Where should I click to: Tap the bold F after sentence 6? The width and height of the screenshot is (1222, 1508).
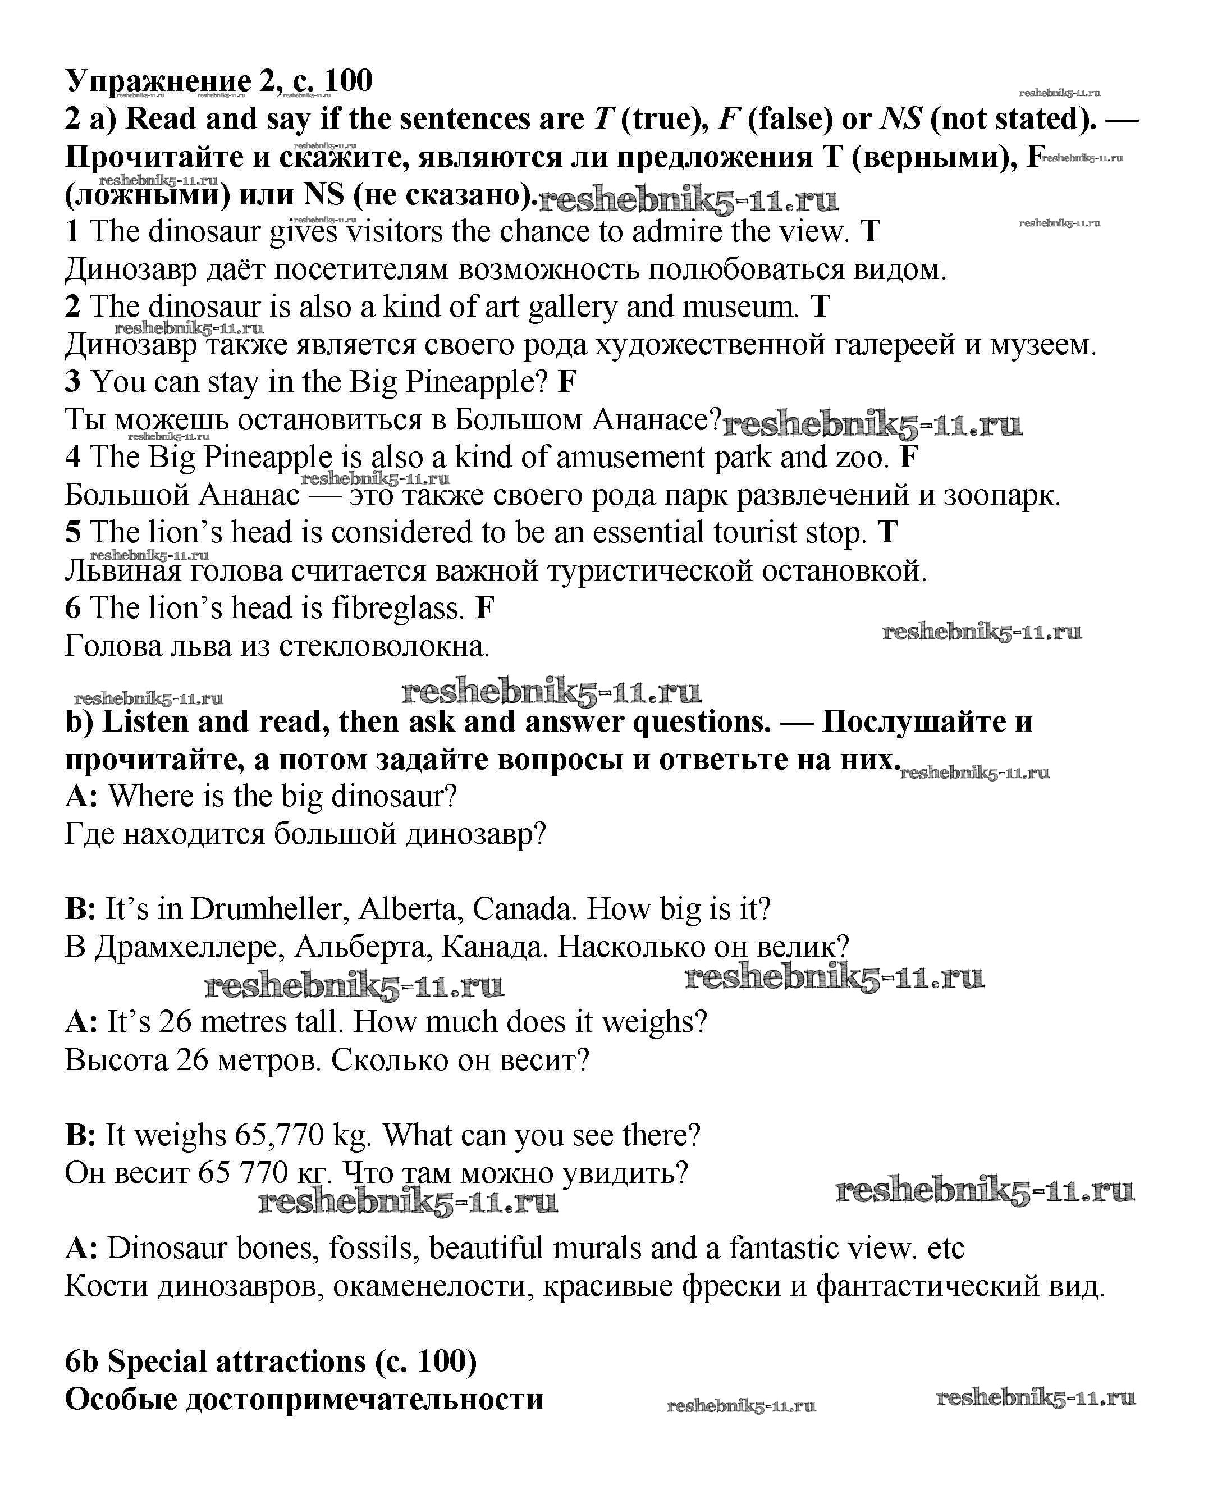click(485, 608)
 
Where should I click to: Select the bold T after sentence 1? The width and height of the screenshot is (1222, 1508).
click(871, 232)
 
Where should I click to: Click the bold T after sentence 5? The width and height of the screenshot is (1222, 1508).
click(887, 533)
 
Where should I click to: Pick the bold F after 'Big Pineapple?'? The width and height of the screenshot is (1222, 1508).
click(567, 382)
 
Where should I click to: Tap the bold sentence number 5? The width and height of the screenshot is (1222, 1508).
click(73, 533)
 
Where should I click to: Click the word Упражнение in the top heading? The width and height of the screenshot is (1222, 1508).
click(158, 81)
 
